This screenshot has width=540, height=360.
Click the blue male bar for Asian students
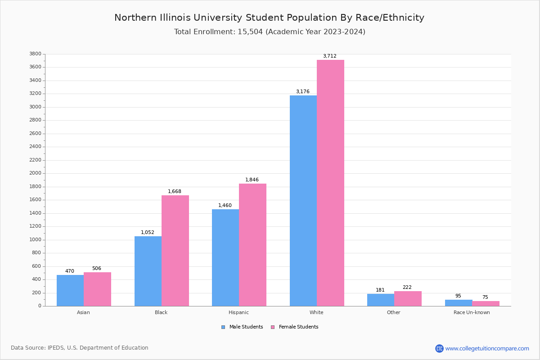pyautogui.click(x=70, y=290)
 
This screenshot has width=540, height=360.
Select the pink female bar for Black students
pyautogui.click(x=175, y=251)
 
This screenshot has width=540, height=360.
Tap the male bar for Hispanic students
pyautogui.click(x=225, y=257)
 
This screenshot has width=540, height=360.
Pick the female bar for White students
pyautogui.click(x=330, y=183)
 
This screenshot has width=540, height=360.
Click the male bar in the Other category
pyautogui.click(x=381, y=300)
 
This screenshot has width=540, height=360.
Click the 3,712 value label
pyautogui.click(x=330, y=56)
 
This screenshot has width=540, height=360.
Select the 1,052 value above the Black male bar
pyautogui.click(x=148, y=233)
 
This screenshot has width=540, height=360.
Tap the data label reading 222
pyautogui.click(x=407, y=288)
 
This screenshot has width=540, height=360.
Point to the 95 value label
pyautogui.click(x=458, y=296)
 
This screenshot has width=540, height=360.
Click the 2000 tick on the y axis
pyautogui.click(x=36, y=173)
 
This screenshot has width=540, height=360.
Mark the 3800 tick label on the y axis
pyautogui.click(x=36, y=54)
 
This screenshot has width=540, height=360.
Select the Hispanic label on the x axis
pyautogui.click(x=238, y=312)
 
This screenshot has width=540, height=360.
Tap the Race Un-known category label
pyautogui.click(x=472, y=312)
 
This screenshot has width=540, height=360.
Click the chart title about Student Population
pyautogui.click(x=269, y=18)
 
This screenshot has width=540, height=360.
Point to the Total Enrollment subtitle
pyautogui.click(x=270, y=32)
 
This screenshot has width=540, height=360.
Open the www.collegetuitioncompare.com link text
pyautogui.click(x=487, y=348)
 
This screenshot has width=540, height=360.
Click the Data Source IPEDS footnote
pyautogui.click(x=80, y=348)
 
